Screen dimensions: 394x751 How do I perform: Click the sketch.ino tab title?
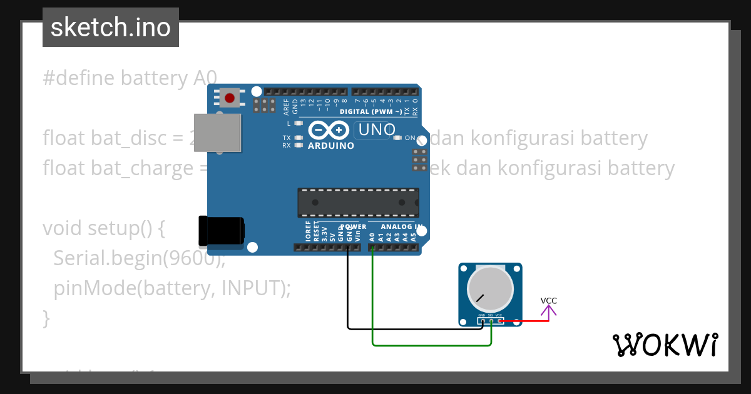click(x=111, y=28)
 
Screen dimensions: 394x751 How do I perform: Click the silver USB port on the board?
click(x=217, y=133)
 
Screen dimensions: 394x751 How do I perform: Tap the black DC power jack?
click(x=220, y=231)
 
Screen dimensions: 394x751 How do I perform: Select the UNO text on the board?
click(x=375, y=129)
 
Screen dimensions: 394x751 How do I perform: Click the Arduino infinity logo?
click(x=329, y=130)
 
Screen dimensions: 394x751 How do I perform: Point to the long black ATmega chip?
click(x=358, y=202)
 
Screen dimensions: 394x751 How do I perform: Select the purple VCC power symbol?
click(x=549, y=309)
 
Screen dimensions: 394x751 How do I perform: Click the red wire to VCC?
click(x=526, y=321)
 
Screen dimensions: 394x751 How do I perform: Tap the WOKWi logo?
click(x=665, y=345)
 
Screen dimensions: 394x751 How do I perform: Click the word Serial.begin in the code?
click(x=107, y=258)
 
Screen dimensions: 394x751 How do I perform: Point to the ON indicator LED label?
click(x=410, y=138)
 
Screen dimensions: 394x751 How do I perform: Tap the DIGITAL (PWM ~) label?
click(x=371, y=111)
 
